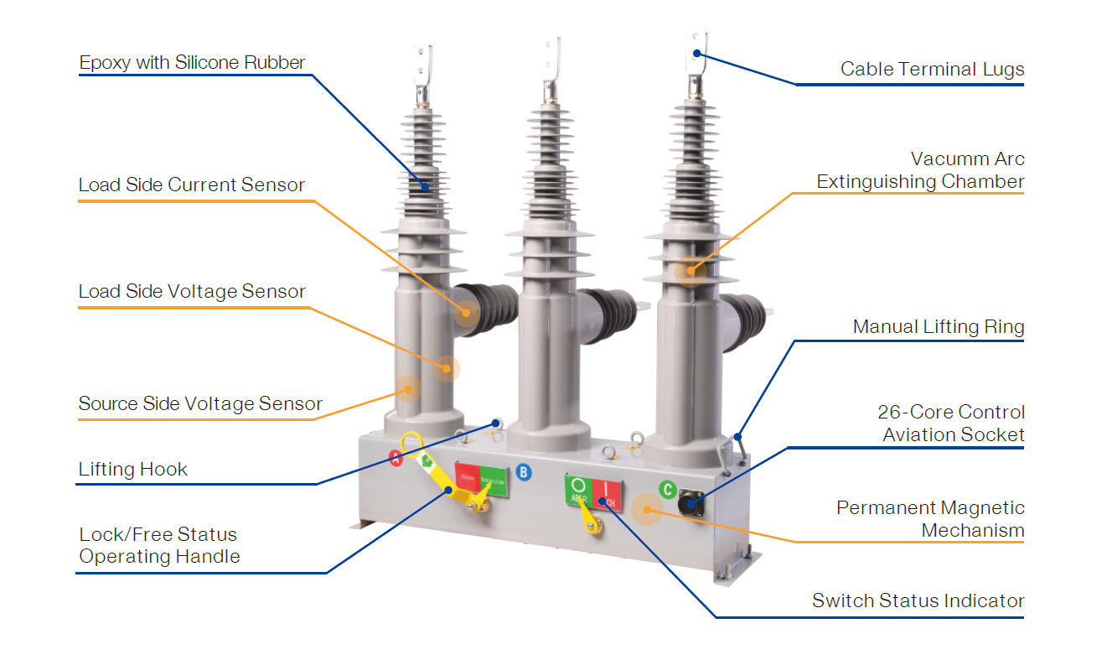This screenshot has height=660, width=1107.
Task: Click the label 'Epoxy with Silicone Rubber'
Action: coord(192,63)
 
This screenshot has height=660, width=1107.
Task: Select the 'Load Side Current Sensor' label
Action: coord(191,185)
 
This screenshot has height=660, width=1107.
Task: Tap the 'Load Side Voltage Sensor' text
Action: coord(192,292)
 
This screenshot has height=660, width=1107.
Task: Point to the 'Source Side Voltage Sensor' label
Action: coord(200,404)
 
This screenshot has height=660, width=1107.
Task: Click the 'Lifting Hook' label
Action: coord(132,470)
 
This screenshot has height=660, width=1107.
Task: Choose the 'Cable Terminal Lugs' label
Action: coord(932,70)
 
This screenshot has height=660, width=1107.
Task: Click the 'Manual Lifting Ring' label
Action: coord(938,327)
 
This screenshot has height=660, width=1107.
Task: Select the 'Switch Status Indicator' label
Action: coord(918,601)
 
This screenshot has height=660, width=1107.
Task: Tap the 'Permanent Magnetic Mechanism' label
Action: coord(930,519)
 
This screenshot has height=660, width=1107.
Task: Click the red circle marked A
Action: coord(396,457)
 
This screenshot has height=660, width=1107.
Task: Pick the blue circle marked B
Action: coord(524,472)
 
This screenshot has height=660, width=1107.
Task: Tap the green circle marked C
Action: coord(667,489)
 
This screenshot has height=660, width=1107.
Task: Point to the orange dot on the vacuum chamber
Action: coord(690,270)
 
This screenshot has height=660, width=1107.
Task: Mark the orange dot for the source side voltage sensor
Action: coord(408,388)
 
